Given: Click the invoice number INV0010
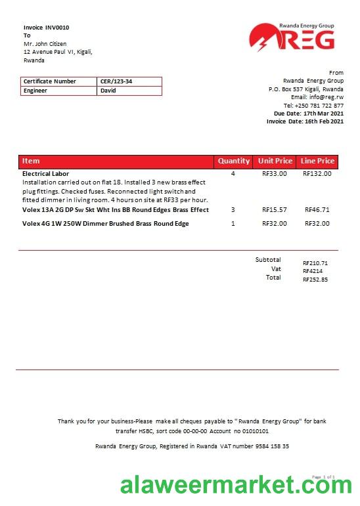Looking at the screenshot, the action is (x=57, y=28).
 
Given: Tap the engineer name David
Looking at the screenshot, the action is (x=107, y=91).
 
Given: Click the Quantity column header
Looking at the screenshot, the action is (x=234, y=161).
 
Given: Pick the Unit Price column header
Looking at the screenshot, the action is (x=275, y=161).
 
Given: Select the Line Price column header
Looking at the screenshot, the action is (x=317, y=161).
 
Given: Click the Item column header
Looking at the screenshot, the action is (x=31, y=161).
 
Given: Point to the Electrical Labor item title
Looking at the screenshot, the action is (x=46, y=174).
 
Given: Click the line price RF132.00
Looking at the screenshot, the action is (x=317, y=174).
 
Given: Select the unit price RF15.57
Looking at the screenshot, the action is (x=275, y=210).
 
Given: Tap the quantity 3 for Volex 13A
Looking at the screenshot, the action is (x=233, y=210).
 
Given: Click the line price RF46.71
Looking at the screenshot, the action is (x=317, y=210).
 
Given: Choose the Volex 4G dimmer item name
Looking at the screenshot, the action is (x=106, y=224).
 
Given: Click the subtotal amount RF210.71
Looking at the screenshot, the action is (x=315, y=263).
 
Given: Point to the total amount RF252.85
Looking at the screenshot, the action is (x=315, y=280).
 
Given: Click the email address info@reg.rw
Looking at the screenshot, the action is (x=326, y=97).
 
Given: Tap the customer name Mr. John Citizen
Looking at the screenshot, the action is (x=45, y=44).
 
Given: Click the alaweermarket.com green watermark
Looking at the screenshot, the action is (x=236, y=486).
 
